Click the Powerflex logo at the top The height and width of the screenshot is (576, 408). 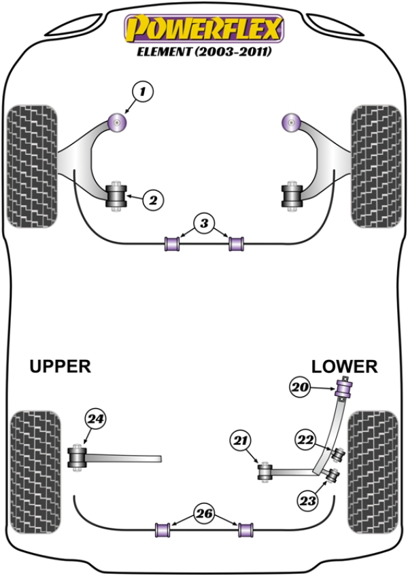tap(202, 29)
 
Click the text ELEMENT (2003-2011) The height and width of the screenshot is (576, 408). tap(202, 52)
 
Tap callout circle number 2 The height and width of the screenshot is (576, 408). tap(152, 200)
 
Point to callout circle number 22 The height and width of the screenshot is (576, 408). tap(307, 440)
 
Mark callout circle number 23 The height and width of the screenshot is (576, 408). tap(308, 501)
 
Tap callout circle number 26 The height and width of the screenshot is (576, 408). tap(203, 513)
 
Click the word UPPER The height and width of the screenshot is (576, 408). tap(60, 367)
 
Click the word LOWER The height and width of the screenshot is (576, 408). tap(344, 367)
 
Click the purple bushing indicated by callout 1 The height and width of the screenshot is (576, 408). tap(119, 122)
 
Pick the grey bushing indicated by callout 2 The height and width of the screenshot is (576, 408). tap(119, 197)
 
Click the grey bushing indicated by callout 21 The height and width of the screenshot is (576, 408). tap(265, 470)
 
